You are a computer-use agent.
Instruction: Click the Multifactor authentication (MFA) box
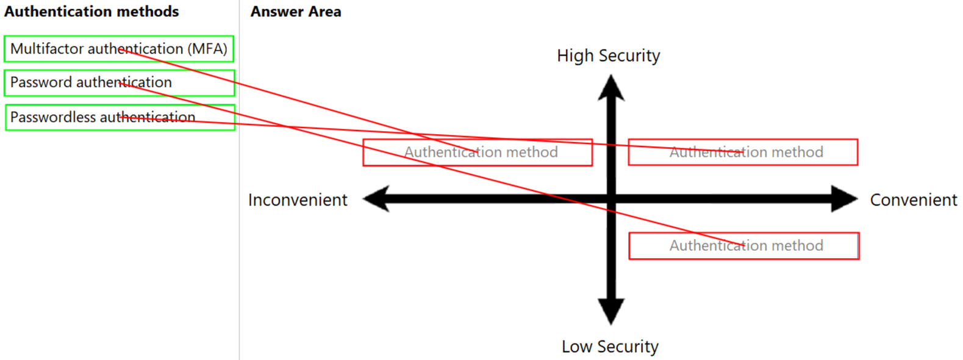(x=119, y=49)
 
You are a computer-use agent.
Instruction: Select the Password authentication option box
(x=119, y=83)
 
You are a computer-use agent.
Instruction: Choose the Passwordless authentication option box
(x=120, y=117)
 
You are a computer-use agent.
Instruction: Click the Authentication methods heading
(x=91, y=12)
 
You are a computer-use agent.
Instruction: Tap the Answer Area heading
(x=296, y=12)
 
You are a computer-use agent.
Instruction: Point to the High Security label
(x=608, y=56)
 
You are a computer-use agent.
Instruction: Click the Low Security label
(x=610, y=347)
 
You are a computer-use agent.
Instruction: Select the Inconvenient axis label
(x=298, y=200)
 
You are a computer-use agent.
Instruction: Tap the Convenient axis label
(x=913, y=200)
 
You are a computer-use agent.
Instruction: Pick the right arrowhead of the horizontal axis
(x=845, y=199)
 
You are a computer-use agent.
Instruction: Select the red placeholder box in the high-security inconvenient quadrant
(x=478, y=153)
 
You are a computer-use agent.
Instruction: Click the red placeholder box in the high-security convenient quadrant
(x=743, y=153)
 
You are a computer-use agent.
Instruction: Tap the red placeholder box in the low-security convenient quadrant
(x=744, y=246)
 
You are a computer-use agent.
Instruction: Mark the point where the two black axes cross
(x=611, y=199)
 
